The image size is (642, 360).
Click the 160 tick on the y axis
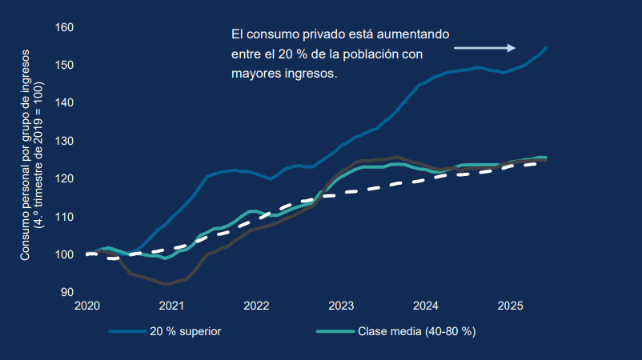tap(64, 27)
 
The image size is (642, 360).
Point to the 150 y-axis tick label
tap(64, 65)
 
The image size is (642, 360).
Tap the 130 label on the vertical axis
tap(64, 141)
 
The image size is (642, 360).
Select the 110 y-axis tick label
tap(64, 217)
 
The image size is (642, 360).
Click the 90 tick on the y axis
tap(67, 292)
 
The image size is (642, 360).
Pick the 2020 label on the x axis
tap(87, 306)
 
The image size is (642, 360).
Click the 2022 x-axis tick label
tap(256, 306)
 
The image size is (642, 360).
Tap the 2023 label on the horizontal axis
tap(341, 306)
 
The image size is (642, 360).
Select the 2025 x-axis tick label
tap(510, 306)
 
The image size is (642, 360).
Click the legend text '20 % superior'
tap(186, 331)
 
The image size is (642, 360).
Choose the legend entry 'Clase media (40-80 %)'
tap(417, 331)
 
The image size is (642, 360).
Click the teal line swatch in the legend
tap(335, 331)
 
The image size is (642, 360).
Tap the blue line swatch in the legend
tap(128, 331)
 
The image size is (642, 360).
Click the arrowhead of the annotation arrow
tap(512, 48)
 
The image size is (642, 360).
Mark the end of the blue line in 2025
tap(546, 48)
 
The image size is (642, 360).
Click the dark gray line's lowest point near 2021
tap(166, 284)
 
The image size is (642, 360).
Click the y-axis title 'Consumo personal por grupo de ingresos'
tap(26, 155)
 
